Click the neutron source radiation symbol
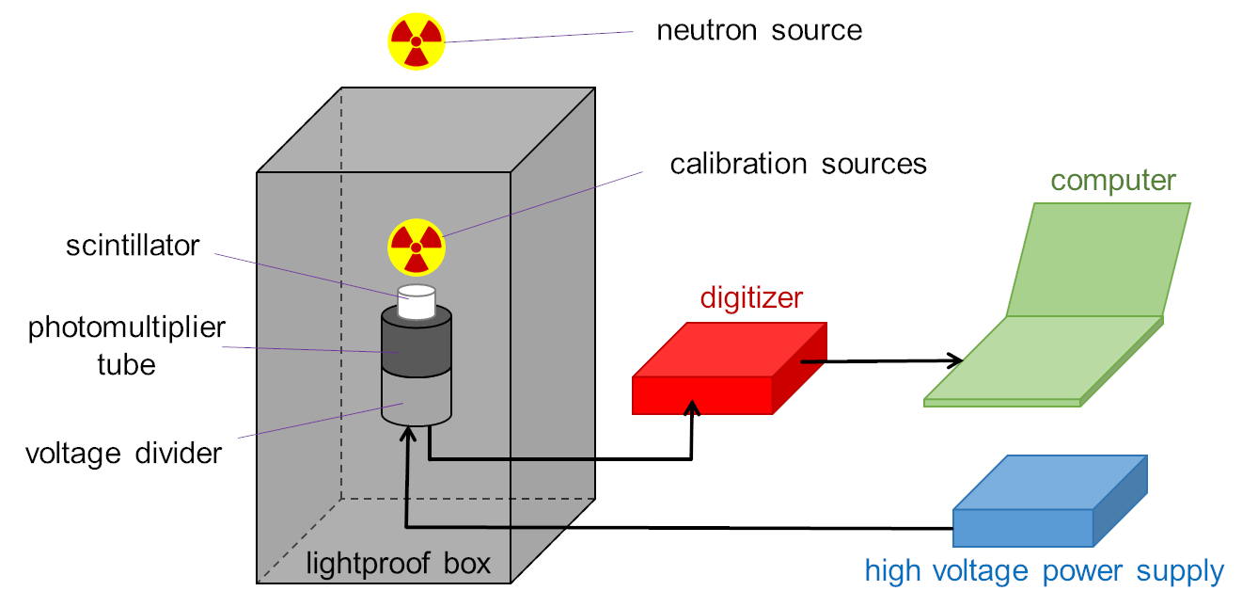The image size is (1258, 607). [x=416, y=41]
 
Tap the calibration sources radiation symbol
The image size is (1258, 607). [x=416, y=248]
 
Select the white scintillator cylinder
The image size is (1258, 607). [x=416, y=301]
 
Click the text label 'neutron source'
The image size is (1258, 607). [x=759, y=30]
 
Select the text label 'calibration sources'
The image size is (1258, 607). [x=797, y=164]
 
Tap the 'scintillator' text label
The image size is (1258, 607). [x=133, y=246]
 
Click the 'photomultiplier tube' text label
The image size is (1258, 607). [x=127, y=345]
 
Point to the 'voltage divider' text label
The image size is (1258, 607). [x=123, y=454]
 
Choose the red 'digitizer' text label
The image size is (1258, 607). [x=751, y=298]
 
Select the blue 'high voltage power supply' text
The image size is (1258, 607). [x=1044, y=571]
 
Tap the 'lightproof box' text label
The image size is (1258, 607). [x=398, y=564]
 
